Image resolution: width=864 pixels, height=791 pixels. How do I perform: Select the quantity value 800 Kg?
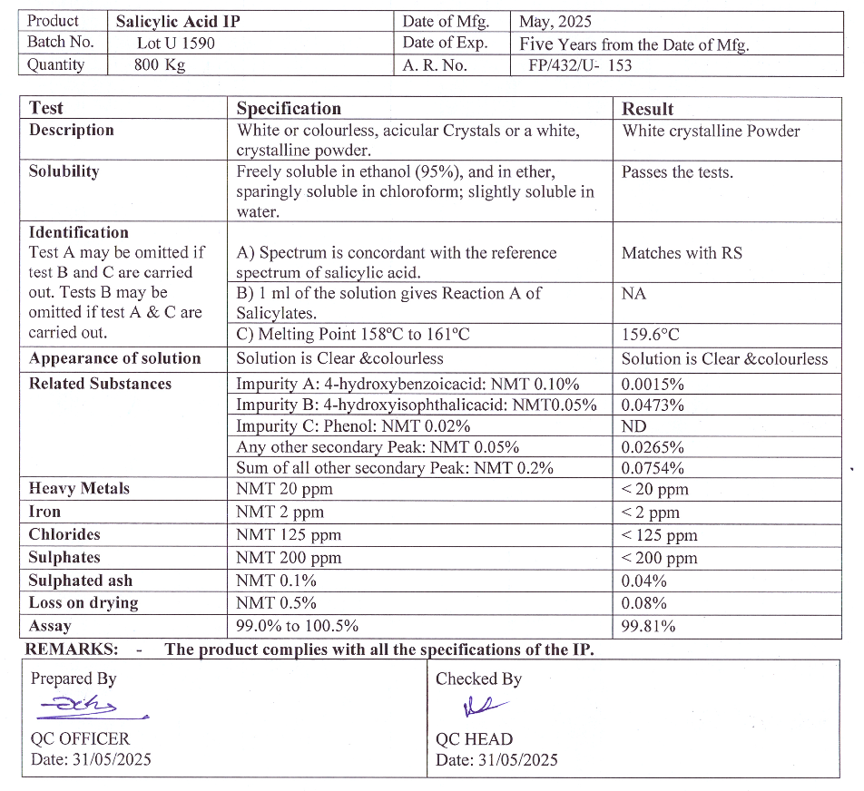click(x=159, y=65)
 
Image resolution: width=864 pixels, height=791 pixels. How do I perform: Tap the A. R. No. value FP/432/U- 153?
click(x=580, y=65)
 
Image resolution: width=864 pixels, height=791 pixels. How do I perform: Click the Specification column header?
click(x=289, y=109)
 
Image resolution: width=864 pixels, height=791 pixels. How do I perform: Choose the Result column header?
click(x=647, y=109)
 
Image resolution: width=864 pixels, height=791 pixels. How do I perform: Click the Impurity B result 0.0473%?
click(x=653, y=405)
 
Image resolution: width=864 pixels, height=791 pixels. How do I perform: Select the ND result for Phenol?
click(x=633, y=426)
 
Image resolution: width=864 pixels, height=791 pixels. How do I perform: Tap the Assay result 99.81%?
click(x=648, y=626)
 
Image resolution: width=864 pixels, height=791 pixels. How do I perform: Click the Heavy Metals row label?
click(x=79, y=489)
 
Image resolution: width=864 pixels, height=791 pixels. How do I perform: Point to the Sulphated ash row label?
click(x=80, y=581)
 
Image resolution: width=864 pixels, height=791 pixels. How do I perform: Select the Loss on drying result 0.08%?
click(x=643, y=603)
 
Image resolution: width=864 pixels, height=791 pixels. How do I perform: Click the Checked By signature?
click(x=481, y=706)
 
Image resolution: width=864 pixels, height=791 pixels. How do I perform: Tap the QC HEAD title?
click(x=474, y=739)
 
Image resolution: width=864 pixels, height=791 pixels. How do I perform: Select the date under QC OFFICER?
click(x=91, y=759)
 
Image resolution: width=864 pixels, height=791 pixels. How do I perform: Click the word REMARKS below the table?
click(x=71, y=649)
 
